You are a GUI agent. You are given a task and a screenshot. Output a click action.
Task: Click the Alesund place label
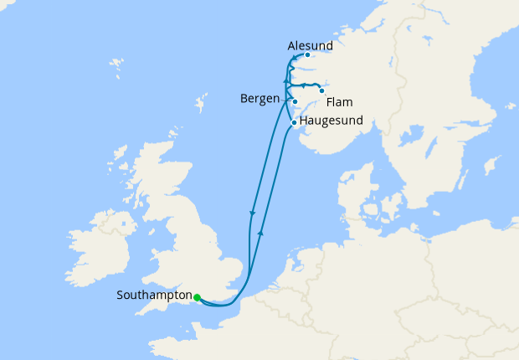click(x=310, y=44)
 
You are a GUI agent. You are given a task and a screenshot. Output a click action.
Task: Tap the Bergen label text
click(x=259, y=99)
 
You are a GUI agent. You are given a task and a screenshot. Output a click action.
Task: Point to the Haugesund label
click(x=331, y=121)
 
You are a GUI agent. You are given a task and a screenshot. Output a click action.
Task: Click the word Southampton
click(x=154, y=295)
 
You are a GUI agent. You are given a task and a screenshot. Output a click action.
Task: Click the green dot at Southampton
click(x=197, y=297)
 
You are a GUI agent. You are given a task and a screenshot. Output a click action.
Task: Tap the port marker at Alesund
click(x=307, y=55)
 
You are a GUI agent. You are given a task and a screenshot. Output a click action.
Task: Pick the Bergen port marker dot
click(x=295, y=102)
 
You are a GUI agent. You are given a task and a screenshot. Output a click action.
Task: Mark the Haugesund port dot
click(x=293, y=122)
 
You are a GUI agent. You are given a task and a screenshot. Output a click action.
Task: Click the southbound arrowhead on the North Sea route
click(x=252, y=214)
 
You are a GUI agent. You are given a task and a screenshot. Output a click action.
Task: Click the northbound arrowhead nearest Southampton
click(x=262, y=231)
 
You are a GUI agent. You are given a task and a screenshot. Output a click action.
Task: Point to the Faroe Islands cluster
click(x=115, y=63)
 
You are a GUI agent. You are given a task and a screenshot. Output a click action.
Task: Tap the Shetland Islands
click(x=201, y=105)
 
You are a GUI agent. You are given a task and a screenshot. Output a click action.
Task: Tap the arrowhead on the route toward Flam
click(x=302, y=85)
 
